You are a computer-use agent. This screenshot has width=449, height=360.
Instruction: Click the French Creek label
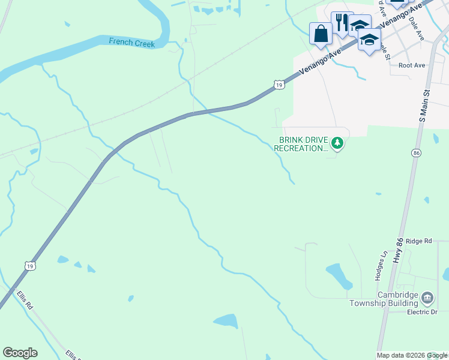[x=131, y=43]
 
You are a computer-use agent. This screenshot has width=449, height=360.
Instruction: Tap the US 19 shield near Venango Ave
[x=279, y=85]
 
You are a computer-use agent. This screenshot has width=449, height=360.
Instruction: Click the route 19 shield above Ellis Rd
[x=30, y=265]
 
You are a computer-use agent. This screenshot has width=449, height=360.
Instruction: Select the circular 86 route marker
[x=416, y=154]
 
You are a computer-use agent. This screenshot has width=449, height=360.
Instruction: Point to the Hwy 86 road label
[x=398, y=249]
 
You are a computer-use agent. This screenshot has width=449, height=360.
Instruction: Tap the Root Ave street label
[x=411, y=65]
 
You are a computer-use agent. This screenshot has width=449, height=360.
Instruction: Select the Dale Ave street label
[x=416, y=28]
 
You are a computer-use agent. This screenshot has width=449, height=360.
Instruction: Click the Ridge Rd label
[x=418, y=241]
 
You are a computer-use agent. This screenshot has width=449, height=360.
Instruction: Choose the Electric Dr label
[x=422, y=312]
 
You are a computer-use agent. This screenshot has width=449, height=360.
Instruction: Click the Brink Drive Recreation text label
[x=303, y=144]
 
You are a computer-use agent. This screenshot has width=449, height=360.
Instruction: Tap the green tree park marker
[x=338, y=143]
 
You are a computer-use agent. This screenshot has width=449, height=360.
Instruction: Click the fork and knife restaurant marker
[x=342, y=22]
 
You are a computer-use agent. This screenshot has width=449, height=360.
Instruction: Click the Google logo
[x=20, y=353]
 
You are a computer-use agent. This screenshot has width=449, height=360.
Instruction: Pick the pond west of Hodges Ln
[x=339, y=276]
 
